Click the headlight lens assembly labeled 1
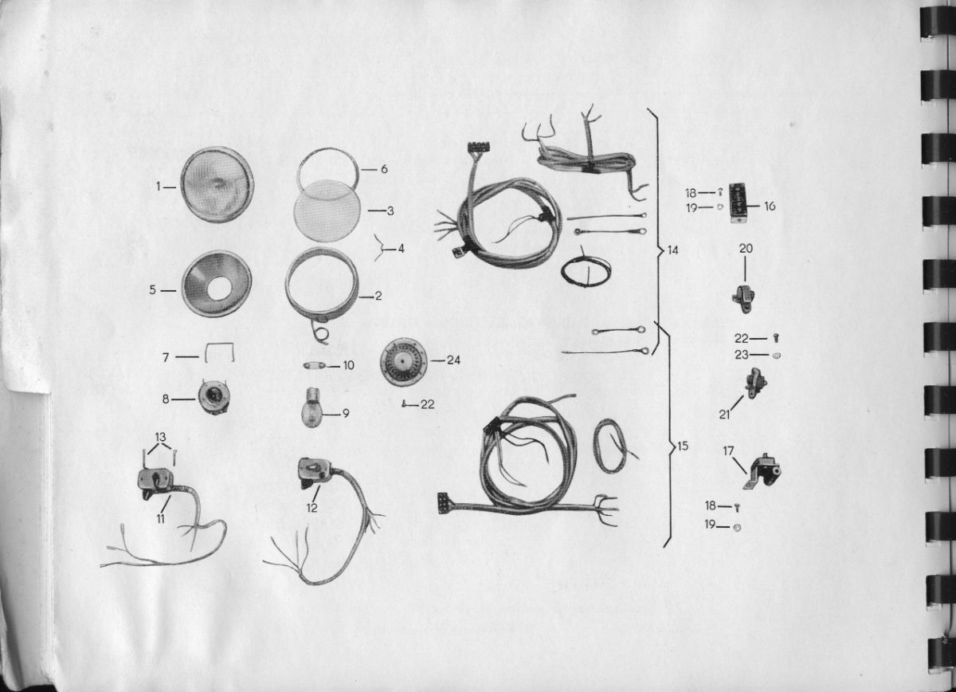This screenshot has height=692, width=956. tap(217, 184)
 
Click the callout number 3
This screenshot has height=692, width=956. tap(390, 211)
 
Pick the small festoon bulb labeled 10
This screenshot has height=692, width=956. tap(315, 366)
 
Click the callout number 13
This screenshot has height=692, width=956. tap(160, 438)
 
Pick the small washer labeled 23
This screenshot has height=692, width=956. tap(776, 355)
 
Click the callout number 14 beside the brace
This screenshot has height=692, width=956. tap(672, 250)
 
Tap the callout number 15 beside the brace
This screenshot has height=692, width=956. tap(683, 446)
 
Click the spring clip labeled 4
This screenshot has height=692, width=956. tap(379, 247)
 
